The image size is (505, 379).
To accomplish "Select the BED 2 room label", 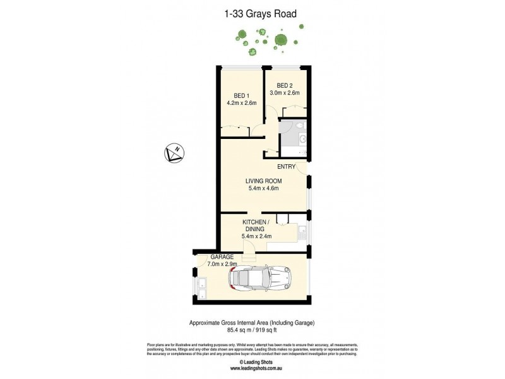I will tap(285, 85).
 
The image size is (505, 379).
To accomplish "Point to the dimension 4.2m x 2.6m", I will tap(241, 103).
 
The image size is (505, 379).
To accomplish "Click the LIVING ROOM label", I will tap(262, 179).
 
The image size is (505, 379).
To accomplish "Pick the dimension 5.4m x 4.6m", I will tap(262, 188).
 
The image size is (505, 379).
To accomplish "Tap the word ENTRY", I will tap(286, 167).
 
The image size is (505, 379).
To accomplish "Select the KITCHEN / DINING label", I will tap(258, 226).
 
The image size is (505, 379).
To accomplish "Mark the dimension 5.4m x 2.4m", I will tap(258, 236).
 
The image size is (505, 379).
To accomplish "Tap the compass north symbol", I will tap(173, 153).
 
